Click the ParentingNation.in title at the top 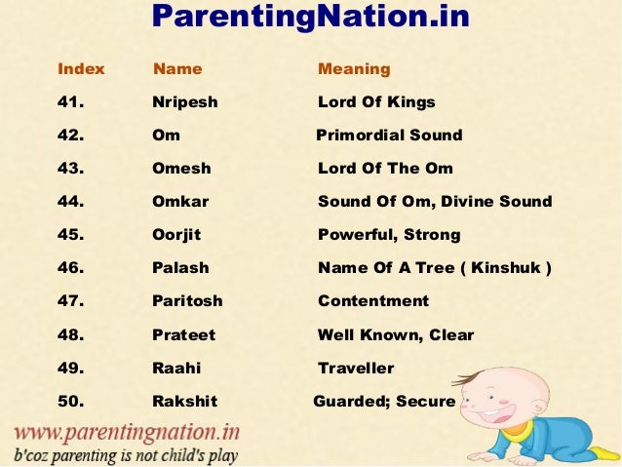(x=311, y=17)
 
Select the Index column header (x=81, y=69)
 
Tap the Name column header (x=177, y=69)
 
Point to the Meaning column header (x=354, y=69)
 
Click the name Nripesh (x=185, y=102)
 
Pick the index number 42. (x=71, y=136)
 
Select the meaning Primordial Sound (x=389, y=136)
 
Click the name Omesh (x=181, y=169)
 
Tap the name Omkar (x=180, y=202)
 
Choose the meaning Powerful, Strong (x=389, y=235)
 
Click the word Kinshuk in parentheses (x=502, y=268)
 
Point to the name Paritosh (x=187, y=301)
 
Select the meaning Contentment (x=373, y=301)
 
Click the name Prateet (x=183, y=335)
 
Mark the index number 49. (x=71, y=369)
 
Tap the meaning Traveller (x=356, y=369)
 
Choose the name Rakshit (x=184, y=402)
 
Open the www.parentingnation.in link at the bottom (x=127, y=432)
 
